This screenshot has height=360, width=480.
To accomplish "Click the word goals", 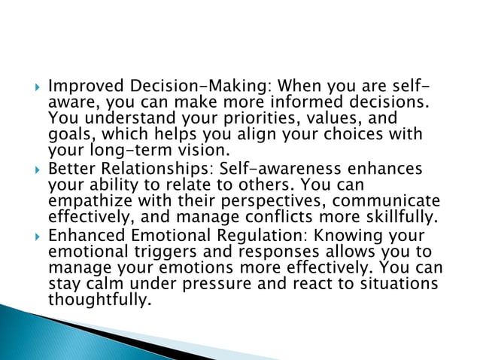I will [68, 136].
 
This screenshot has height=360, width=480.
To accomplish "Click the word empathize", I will [87, 200].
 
